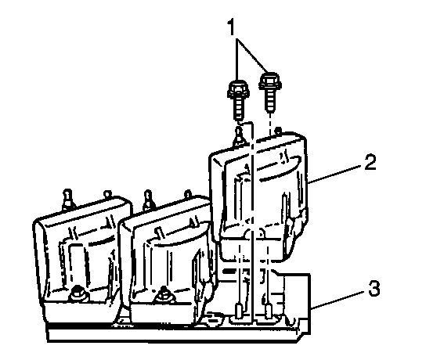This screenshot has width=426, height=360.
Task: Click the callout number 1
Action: [231, 27]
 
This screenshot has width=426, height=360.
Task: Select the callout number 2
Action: [370, 162]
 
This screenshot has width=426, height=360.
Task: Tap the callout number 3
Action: [374, 288]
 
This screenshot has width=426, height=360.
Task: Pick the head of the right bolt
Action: [269, 81]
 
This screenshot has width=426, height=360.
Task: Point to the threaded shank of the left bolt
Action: [239, 109]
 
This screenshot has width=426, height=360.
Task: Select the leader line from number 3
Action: [339, 300]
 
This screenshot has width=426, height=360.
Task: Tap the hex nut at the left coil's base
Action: [77, 293]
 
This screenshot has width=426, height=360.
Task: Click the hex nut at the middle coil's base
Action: [164, 294]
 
